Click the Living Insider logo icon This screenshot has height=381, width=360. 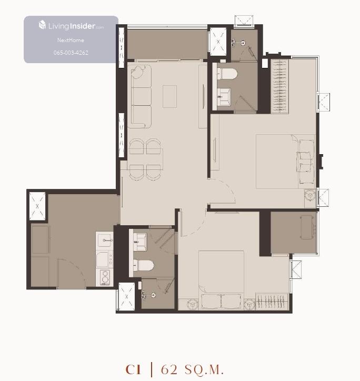(x=42, y=25)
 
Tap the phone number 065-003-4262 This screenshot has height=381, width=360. (x=71, y=53)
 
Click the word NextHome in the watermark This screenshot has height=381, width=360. (x=71, y=40)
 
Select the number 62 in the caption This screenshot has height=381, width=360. (x=169, y=369)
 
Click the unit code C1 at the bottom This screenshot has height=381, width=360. (x=133, y=369)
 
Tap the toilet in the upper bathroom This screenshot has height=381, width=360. (x=226, y=74)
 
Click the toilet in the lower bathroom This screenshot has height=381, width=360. (x=143, y=265)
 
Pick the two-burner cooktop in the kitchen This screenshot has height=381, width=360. (x=105, y=277)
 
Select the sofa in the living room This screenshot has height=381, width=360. (x=141, y=96)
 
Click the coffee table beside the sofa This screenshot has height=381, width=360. (x=169, y=96)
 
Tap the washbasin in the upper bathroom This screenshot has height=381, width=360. (x=224, y=97)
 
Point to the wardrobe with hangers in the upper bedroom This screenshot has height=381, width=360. (x=279, y=86)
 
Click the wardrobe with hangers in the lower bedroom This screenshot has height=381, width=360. (x=272, y=302)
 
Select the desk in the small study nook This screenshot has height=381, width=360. (x=307, y=227)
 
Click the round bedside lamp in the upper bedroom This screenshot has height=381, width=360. (x=310, y=195)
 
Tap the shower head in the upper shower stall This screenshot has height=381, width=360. (x=243, y=43)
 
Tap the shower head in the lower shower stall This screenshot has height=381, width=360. (x=153, y=295)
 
